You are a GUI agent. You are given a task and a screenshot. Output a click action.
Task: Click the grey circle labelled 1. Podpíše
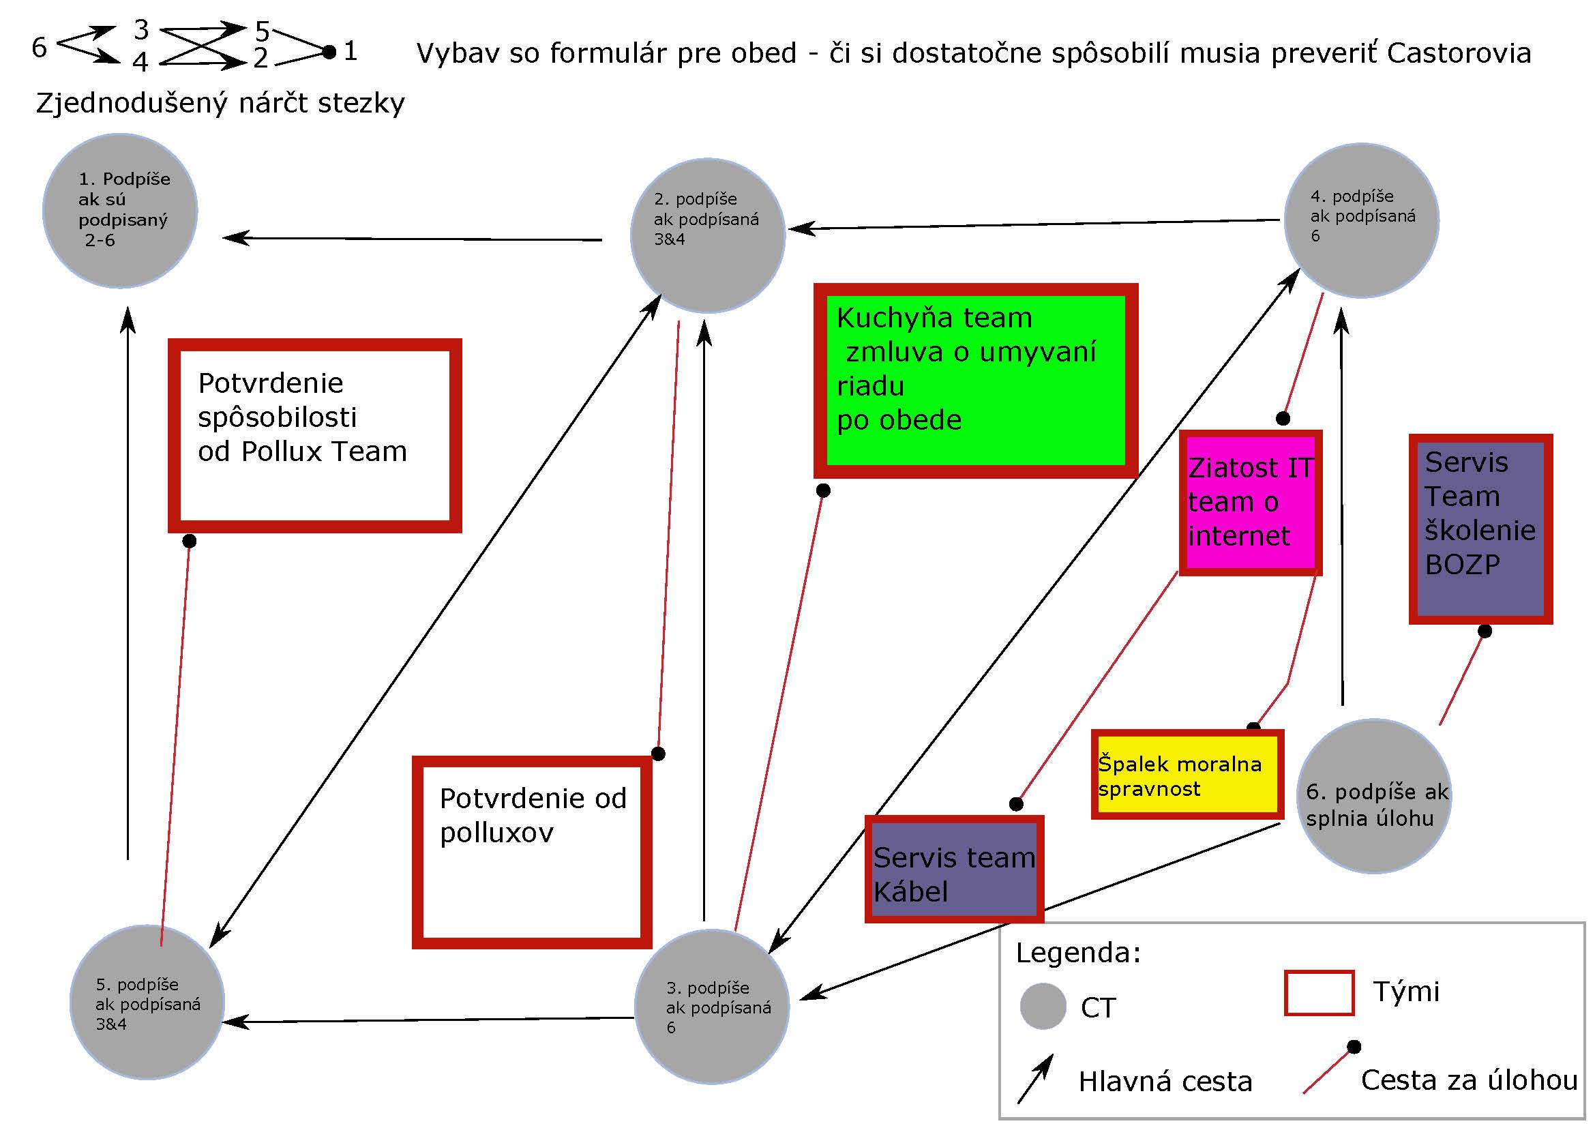tap(120, 211)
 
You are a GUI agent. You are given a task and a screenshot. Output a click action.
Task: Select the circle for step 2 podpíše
tap(708, 235)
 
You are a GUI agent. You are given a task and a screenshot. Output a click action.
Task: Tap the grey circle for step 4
tap(1362, 220)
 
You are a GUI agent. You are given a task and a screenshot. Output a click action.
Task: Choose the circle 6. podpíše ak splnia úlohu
tap(1374, 796)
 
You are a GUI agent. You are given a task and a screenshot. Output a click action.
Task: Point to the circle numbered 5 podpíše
tap(147, 1002)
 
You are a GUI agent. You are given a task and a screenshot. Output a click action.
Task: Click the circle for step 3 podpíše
tap(712, 1007)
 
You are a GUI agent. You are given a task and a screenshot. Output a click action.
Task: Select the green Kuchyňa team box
tap(974, 380)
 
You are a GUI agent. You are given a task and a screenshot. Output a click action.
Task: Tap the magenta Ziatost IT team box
tap(1250, 502)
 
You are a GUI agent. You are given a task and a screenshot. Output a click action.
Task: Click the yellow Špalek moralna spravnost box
tap(1187, 775)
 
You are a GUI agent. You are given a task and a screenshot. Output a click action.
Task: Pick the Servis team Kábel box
tap(954, 869)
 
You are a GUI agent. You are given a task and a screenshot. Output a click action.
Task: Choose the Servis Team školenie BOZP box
tap(1480, 529)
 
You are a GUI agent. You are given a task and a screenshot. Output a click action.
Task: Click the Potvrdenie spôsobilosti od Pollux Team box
tap(314, 436)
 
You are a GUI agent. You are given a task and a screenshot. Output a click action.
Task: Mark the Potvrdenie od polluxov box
tap(532, 852)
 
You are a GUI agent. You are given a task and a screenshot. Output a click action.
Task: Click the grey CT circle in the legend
tap(1043, 1006)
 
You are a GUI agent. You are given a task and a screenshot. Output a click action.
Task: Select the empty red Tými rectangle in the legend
tap(1320, 992)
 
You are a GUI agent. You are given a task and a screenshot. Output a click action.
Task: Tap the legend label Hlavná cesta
tap(1165, 1082)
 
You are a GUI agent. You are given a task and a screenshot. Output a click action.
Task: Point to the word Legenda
tap(1078, 952)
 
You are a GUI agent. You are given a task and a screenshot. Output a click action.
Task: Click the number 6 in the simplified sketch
tap(40, 47)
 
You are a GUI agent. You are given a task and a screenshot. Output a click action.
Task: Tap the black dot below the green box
tap(823, 490)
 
